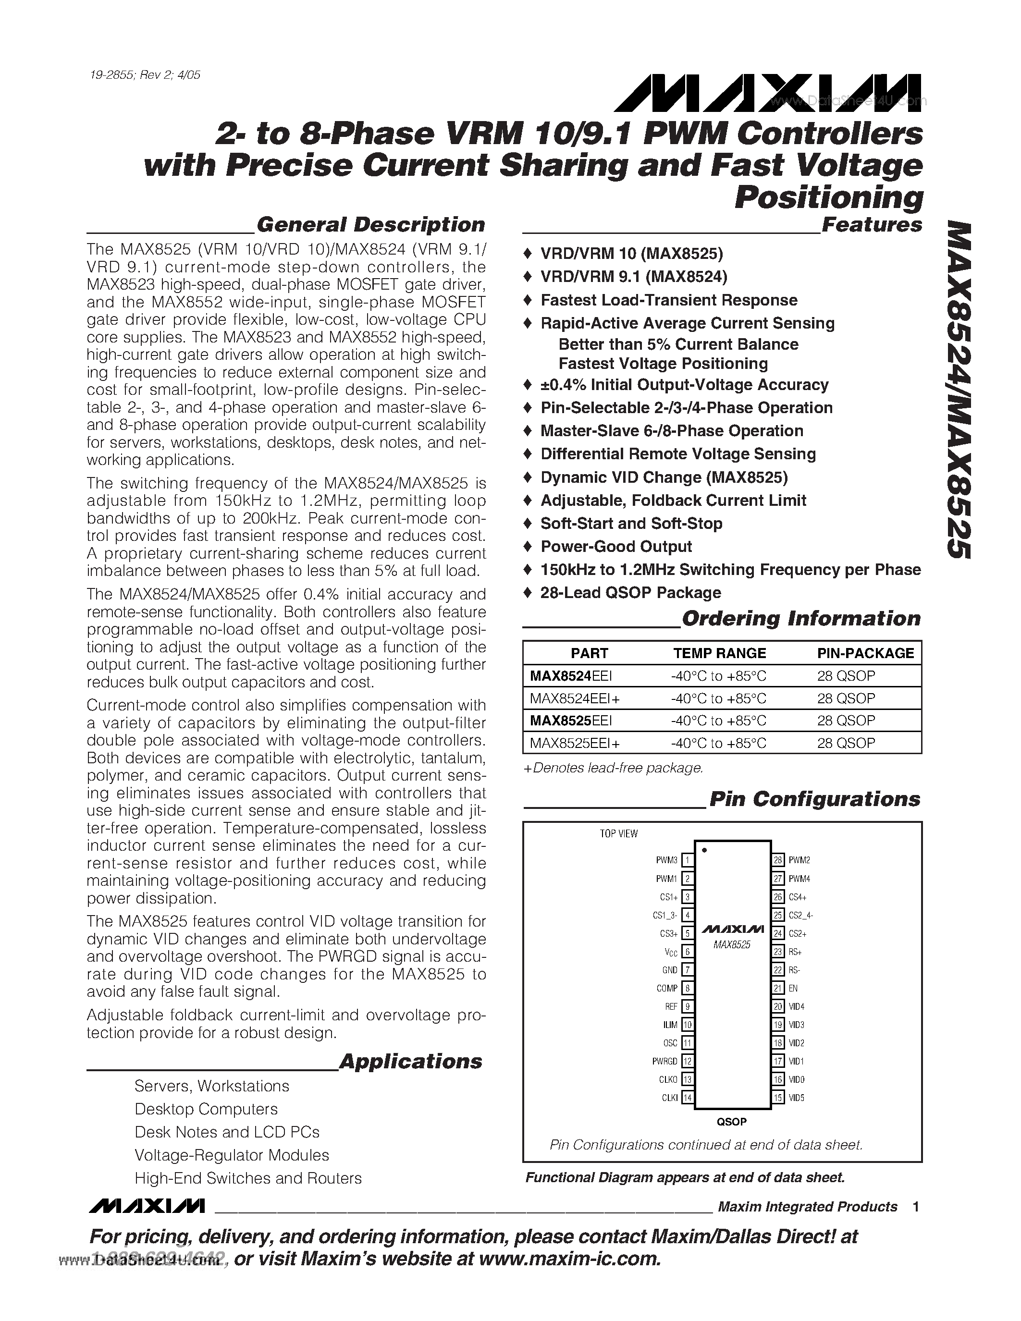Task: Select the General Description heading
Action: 370,224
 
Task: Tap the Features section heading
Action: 871,224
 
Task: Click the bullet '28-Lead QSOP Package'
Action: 630,593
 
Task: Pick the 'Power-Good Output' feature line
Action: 616,546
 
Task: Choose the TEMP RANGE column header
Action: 719,653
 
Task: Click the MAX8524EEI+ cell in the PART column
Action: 575,698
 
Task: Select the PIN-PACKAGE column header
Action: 865,653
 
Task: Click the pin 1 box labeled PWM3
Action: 687,860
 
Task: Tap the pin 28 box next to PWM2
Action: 778,860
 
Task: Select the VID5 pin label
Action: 797,1098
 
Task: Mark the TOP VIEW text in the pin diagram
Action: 618,833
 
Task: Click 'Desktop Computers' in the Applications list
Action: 206,1109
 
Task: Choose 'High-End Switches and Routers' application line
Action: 247,1178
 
